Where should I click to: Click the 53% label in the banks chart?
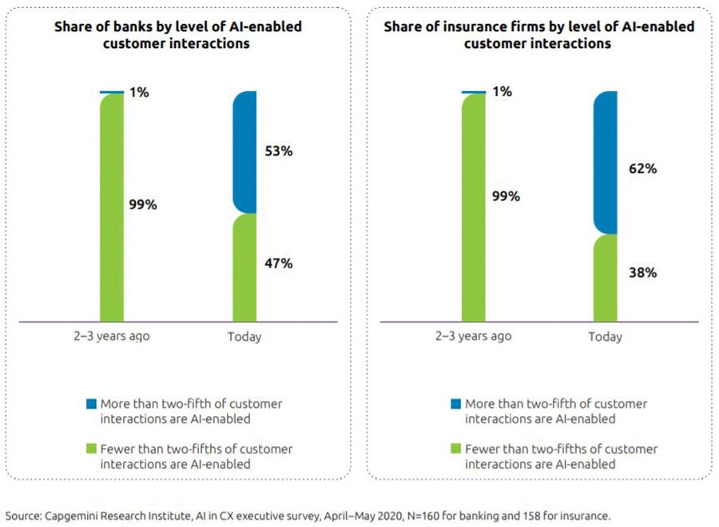(x=277, y=151)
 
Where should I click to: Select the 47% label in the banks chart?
(x=277, y=262)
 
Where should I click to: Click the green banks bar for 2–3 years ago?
(x=112, y=208)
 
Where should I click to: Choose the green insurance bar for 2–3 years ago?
(x=474, y=208)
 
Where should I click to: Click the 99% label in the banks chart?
(x=143, y=204)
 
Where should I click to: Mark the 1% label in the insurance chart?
(x=501, y=92)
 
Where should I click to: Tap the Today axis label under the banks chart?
(x=244, y=337)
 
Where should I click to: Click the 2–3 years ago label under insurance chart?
(x=474, y=336)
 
